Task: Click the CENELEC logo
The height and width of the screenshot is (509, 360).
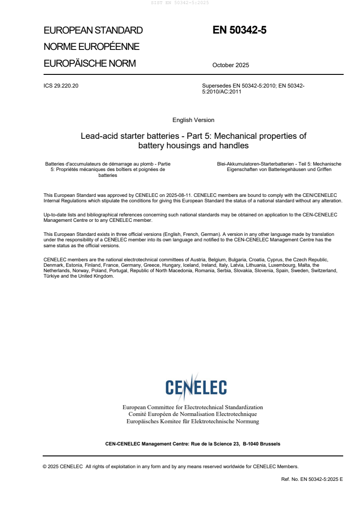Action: tap(196, 387)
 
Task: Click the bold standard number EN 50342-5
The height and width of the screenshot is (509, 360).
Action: tap(239, 30)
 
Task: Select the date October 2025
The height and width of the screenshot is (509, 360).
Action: tap(231, 65)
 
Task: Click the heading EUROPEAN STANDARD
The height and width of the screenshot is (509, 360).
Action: tap(93, 30)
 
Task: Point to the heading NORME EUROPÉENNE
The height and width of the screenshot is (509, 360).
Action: tap(91, 47)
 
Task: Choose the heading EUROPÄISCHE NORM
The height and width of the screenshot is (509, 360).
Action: tap(89, 64)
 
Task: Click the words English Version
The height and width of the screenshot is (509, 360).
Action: tap(193, 120)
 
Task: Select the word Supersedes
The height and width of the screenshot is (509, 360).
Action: tap(216, 86)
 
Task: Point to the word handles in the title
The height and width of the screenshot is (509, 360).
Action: tap(233, 146)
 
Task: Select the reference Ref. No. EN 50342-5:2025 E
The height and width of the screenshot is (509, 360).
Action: tap(312, 479)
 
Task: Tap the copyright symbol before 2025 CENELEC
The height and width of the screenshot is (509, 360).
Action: tap(45, 466)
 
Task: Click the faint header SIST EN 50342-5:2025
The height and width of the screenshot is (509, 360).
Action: tap(180, 3)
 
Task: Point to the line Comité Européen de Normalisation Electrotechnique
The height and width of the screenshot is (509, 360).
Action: tap(192, 414)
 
